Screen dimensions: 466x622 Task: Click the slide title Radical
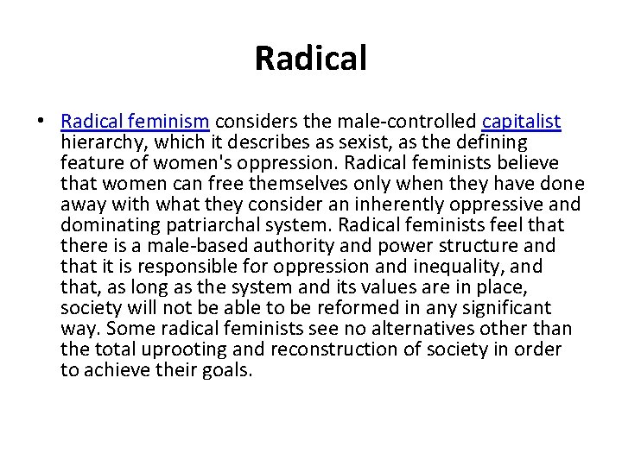click(311, 59)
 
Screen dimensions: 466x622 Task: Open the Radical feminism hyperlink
click(136, 122)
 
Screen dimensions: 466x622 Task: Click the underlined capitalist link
click(521, 122)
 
